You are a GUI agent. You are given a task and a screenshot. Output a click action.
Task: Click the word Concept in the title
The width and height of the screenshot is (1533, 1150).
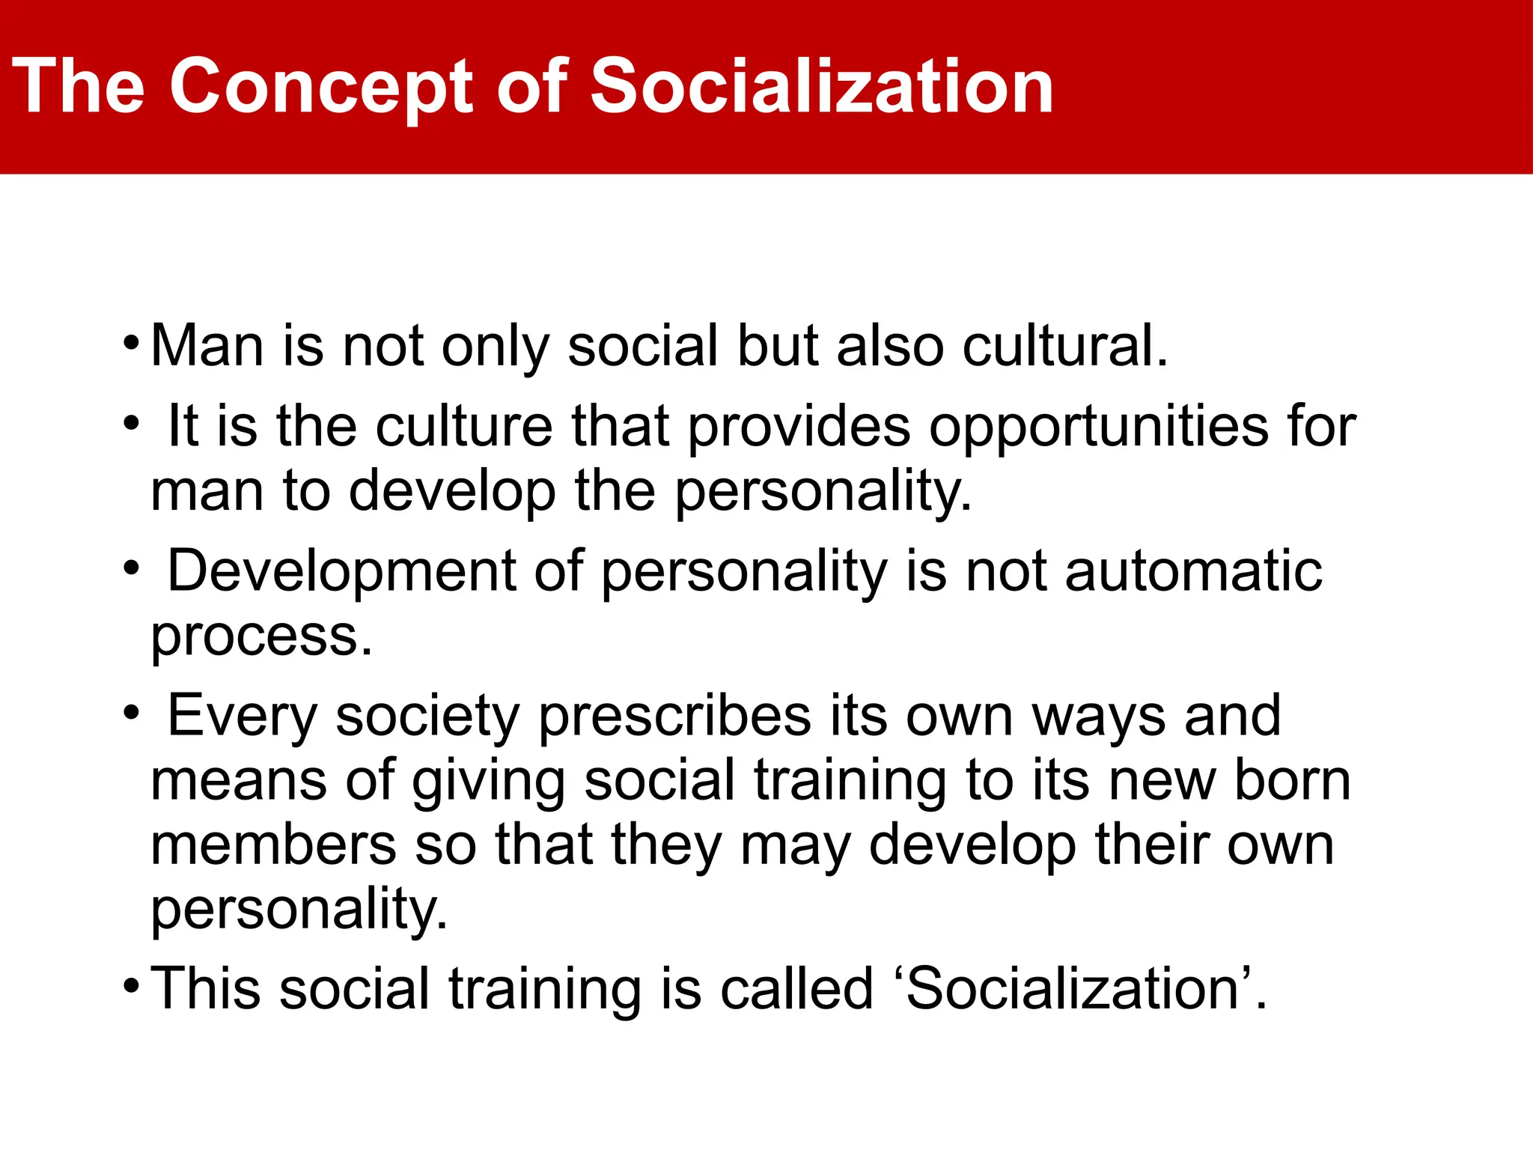(x=322, y=88)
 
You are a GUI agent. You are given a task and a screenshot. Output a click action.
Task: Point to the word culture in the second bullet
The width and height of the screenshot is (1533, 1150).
(x=464, y=426)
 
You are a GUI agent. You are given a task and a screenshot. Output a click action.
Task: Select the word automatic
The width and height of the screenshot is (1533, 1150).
(x=1193, y=571)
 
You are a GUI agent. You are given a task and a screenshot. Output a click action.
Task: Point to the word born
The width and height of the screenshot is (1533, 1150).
(x=1292, y=780)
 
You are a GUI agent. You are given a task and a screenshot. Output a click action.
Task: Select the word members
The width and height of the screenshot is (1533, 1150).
(x=273, y=845)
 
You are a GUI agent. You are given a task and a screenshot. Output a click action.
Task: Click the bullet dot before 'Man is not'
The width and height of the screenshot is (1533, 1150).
(x=131, y=345)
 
